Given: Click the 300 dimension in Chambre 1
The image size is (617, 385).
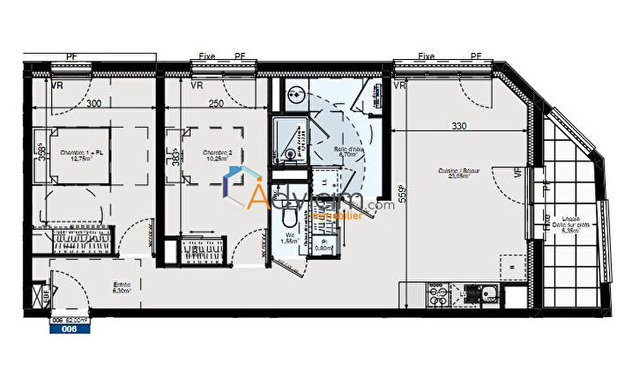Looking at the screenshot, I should point(93,104).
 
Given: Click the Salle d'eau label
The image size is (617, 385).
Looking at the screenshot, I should point(350,152).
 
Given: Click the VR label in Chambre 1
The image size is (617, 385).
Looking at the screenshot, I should point(56,86).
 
